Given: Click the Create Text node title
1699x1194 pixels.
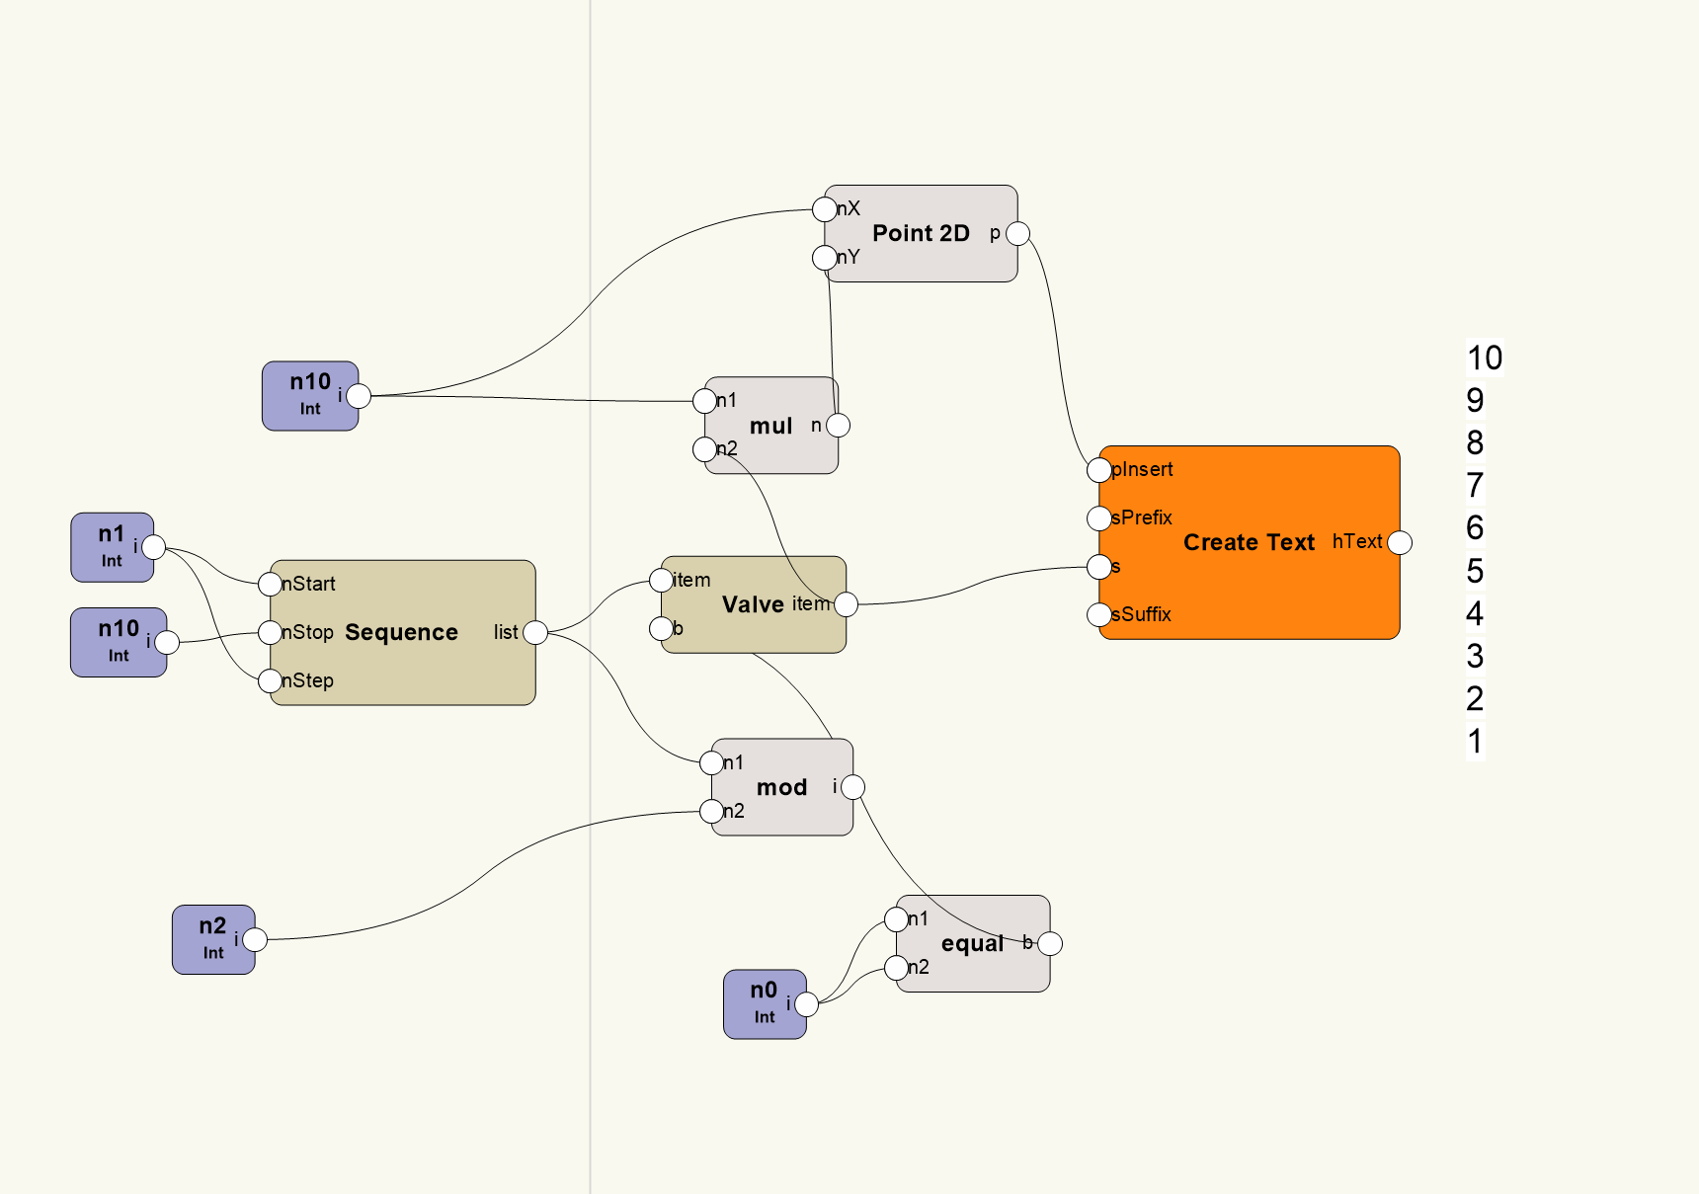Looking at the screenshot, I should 1249,542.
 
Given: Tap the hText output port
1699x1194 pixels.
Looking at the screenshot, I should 1400,542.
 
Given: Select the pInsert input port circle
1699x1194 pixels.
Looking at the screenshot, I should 1098,470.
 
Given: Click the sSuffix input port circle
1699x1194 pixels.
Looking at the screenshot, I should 1098,615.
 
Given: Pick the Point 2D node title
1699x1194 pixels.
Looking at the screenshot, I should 921,233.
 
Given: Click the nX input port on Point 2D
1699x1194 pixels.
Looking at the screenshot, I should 824,209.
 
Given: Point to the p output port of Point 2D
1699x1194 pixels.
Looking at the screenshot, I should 1017,234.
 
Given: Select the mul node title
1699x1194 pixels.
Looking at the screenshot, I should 770,426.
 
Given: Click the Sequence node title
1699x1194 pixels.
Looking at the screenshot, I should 401,632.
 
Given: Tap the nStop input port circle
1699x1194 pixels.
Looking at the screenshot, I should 270,632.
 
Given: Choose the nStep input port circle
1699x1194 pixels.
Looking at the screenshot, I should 270,680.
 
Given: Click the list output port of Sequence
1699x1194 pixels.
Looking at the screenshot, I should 535,632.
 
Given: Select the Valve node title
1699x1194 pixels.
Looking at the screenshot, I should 752,604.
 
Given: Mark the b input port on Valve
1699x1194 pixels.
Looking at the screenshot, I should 661,628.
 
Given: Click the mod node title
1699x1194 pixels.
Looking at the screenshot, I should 781,787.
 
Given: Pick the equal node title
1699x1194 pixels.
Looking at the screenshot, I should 972,943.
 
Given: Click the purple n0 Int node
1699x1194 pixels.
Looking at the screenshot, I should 765,1003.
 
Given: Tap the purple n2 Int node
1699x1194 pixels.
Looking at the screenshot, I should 213,939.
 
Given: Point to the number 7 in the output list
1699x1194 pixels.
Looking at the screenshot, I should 1475,486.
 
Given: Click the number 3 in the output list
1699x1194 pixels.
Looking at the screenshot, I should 1475,656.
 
